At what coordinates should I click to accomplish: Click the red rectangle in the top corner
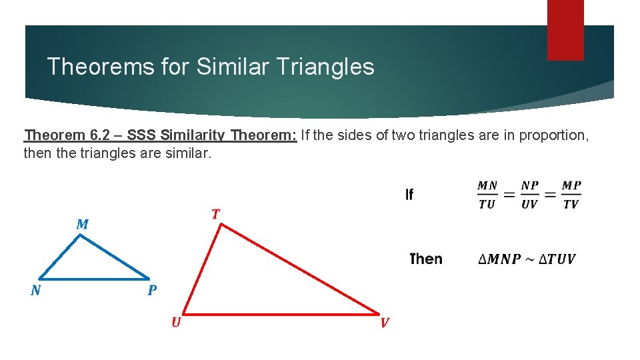click(565, 29)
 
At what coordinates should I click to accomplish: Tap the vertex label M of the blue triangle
click(82, 224)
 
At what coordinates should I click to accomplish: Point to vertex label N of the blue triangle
click(35, 291)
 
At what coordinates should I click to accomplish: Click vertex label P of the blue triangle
click(152, 291)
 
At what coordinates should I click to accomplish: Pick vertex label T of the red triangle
click(215, 214)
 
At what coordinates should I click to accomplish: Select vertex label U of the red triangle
click(175, 323)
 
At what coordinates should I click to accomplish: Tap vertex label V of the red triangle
click(385, 323)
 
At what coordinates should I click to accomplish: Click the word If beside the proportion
click(409, 195)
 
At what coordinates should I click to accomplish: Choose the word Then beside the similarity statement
click(425, 259)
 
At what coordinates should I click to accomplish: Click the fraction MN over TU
click(487, 195)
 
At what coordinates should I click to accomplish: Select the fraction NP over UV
click(529, 195)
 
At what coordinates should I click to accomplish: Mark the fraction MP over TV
click(571, 195)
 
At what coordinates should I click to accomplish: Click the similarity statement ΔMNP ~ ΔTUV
click(527, 259)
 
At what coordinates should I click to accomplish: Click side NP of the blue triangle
click(93, 279)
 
